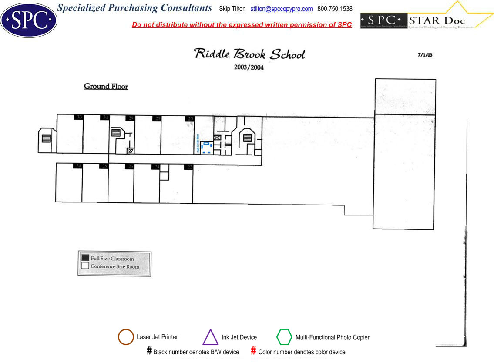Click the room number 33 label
click(79, 118)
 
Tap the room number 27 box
click(130, 151)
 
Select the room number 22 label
click(189, 167)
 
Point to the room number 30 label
click(78, 166)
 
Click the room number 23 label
click(190, 118)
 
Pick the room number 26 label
click(130, 166)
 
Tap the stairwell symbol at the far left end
click(46, 138)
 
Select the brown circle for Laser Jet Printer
click(126, 337)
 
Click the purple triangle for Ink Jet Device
click(211, 338)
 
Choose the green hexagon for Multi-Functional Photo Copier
click(284, 337)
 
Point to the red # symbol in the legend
click(253, 351)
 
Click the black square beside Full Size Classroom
click(85, 258)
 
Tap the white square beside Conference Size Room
click(85, 266)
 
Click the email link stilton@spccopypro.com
click(282, 9)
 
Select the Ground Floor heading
click(106, 86)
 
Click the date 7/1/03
click(425, 55)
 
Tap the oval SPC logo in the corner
click(29, 20)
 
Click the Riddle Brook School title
click(249, 54)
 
